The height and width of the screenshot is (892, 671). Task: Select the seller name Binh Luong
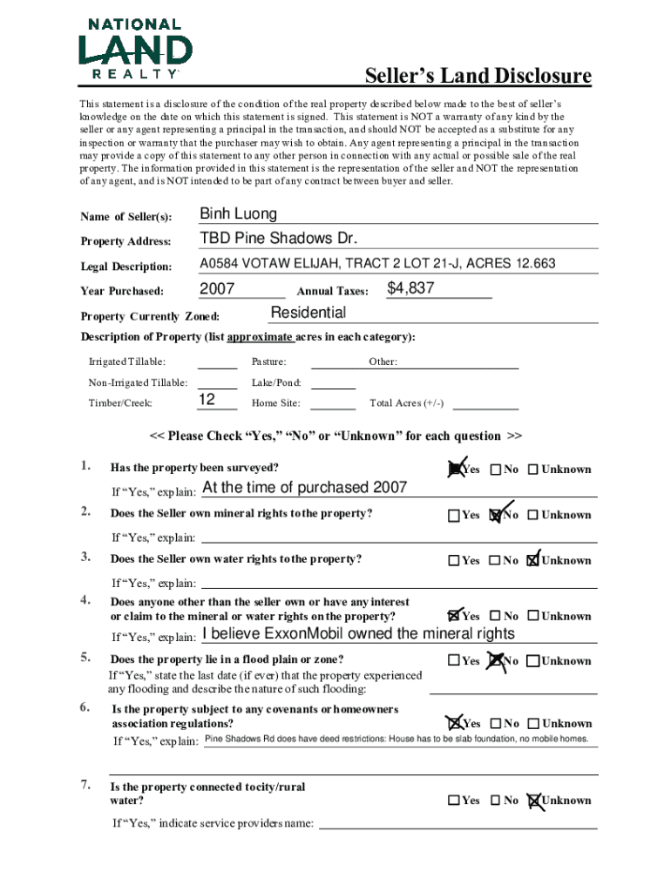point(238,214)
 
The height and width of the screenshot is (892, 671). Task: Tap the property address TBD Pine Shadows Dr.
point(278,239)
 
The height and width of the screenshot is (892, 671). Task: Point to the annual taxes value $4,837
point(410,288)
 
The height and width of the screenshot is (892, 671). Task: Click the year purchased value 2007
point(217,289)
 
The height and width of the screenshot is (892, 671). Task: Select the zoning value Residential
point(308,313)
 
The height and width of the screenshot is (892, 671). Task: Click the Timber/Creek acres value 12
point(207,400)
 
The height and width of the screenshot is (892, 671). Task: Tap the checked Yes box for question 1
point(454,470)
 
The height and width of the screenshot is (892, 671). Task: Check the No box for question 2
point(495,515)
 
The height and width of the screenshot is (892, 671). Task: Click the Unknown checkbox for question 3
point(533,561)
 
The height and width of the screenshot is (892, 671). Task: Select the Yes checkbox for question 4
point(454,616)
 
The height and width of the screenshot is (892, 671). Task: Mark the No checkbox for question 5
point(495,661)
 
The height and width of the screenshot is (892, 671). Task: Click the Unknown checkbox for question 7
point(533,801)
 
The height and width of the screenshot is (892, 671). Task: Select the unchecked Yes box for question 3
point(454,561)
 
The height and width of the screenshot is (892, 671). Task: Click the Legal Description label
point(125,266)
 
